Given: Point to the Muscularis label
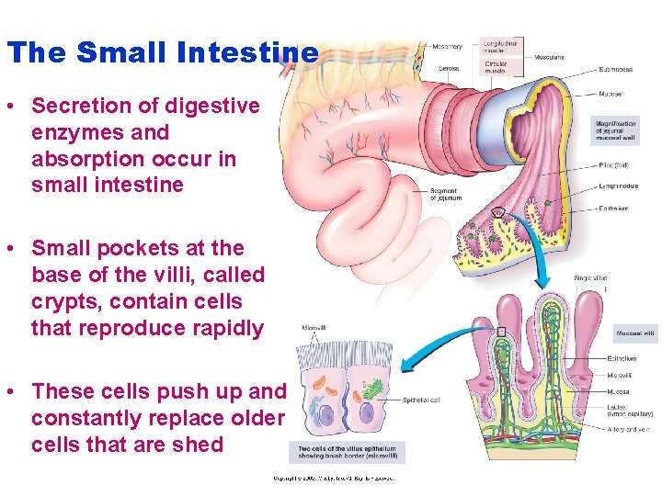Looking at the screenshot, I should [x=548, y=57].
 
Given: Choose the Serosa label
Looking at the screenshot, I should [x=448, y=68].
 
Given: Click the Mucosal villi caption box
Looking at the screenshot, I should [x=635, y=333].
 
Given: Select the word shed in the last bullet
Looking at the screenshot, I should [x=203, y=445].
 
